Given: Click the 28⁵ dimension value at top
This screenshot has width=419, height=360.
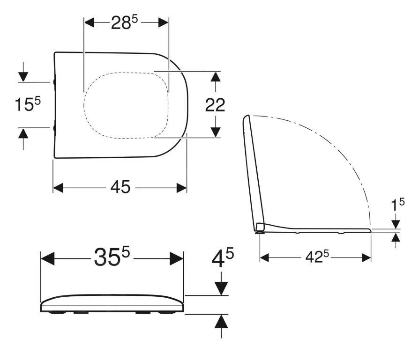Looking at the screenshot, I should (x=124, y=22).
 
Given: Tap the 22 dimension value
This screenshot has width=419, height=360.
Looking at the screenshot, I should (x=215, y=105).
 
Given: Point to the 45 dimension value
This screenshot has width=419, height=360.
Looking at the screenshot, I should (x=120, y=187).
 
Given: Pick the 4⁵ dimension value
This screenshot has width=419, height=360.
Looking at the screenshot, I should (x=222, y=258).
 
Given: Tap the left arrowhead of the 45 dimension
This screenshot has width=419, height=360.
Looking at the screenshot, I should (x=58, y=188).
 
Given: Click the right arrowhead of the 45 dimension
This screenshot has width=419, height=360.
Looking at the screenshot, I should (x=182, y=188).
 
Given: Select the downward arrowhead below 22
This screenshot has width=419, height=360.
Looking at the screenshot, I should (x=215, y=132).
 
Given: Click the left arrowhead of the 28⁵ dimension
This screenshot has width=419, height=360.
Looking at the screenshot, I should (x=89, y=22).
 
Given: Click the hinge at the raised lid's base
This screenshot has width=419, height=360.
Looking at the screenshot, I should (x=260, y=228).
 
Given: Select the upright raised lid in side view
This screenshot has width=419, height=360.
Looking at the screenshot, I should (x=252, y=169).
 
